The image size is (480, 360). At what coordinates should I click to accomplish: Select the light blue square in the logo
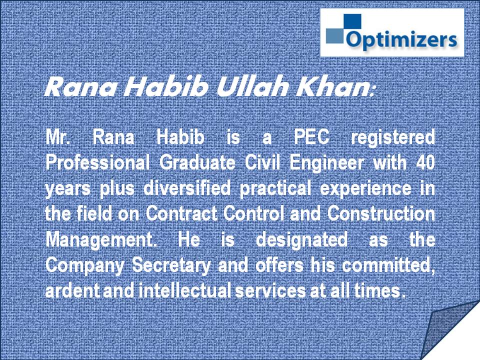point(335,36)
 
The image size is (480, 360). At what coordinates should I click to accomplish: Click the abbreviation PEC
point(312,137)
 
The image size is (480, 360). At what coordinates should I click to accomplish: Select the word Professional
point(97,162)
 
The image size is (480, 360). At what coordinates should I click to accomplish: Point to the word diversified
point(186,188)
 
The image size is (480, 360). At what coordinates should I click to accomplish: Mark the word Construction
point(381,213)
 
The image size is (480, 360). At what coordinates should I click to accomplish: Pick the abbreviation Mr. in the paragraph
point(56,137)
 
